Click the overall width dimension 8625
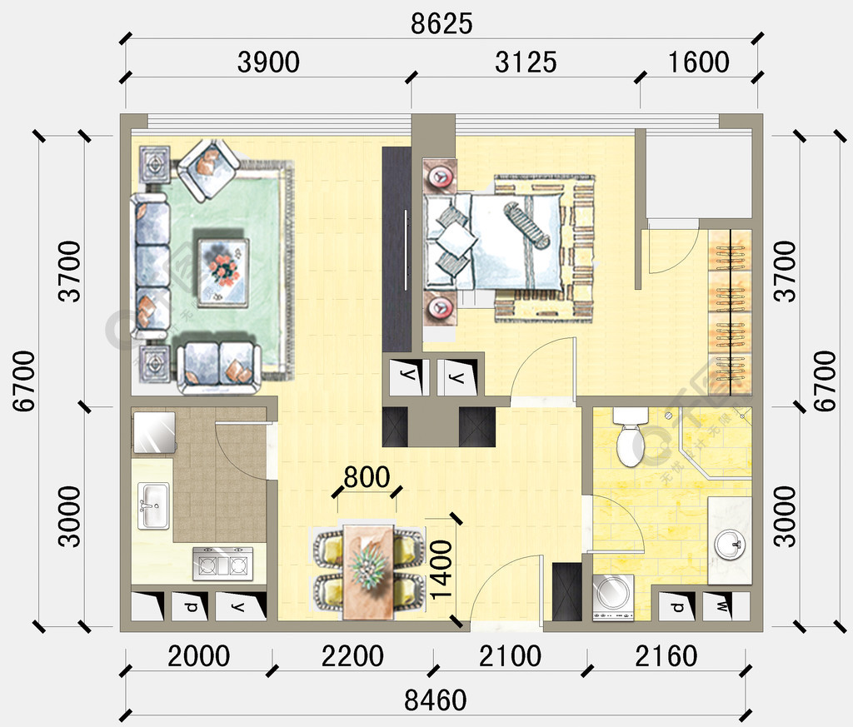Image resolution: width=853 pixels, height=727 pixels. (441, 24)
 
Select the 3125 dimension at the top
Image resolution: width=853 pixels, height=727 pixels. (526, 62)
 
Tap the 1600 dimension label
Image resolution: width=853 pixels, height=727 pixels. (698, 62)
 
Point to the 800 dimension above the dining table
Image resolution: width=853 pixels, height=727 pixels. (367, 477)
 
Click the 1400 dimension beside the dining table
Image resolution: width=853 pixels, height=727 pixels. (441, 570)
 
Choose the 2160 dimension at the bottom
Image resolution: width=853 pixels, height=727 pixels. (666, 656)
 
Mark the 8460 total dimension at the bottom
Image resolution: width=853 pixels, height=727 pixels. (435, 700)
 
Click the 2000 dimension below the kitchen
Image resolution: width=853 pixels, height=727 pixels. (198, 656)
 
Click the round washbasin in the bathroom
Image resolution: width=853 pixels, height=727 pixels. (730, 545)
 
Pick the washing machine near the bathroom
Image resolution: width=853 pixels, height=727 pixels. (613, 596)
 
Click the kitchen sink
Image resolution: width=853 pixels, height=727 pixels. (152, 505)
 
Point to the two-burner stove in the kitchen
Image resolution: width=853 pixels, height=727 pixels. (222, 564)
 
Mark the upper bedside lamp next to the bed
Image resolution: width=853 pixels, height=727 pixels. (439, 177)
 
